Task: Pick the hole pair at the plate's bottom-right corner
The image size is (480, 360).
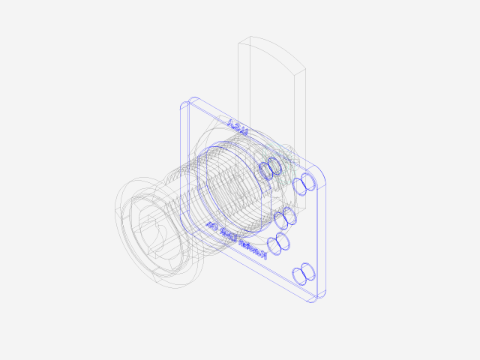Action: coord(304,273)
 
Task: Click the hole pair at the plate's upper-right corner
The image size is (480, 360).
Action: coord(304,184)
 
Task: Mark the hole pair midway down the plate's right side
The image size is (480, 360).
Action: coord(286,217)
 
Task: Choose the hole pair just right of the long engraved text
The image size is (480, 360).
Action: coord(278,242)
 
